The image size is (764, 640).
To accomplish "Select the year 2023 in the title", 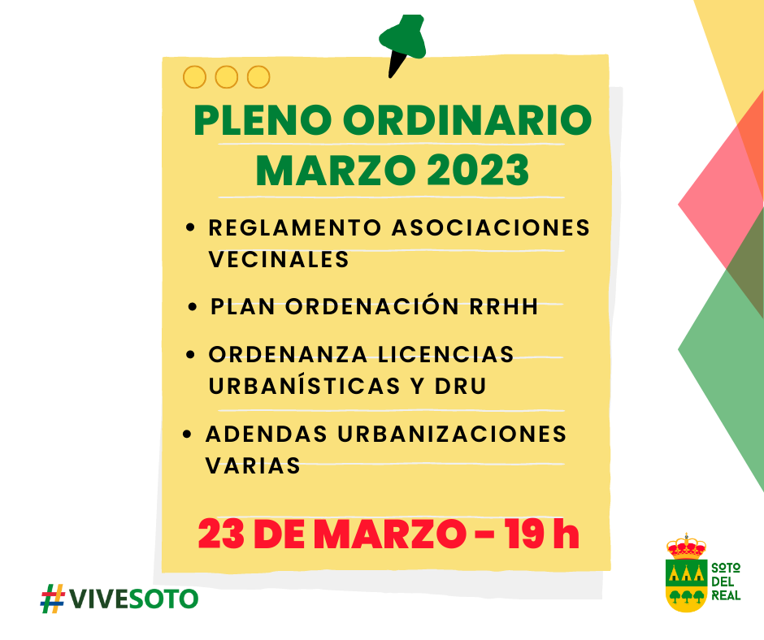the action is point(478,170).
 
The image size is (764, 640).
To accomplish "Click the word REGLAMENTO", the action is point(295,228).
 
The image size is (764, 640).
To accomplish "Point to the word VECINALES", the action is point(280,260).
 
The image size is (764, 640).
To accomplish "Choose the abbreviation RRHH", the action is point(504,307).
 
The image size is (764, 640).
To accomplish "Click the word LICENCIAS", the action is point(446,355).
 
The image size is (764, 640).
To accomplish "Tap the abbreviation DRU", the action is point(461,387).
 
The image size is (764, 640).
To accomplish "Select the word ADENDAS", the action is point(267,434).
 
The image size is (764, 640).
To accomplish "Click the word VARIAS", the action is point(253,465).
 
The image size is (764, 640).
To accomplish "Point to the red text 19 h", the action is point(542,534).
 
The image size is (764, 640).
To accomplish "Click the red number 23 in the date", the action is point(221,534).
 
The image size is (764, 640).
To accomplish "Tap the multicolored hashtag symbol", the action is point(53,598).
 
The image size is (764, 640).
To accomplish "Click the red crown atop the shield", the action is point(686,546).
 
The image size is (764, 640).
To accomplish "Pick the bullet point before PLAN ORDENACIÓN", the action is point(193,307).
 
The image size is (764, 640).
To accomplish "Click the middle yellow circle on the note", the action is point(227,77).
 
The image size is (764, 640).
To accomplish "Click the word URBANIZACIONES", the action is point(452,434).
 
